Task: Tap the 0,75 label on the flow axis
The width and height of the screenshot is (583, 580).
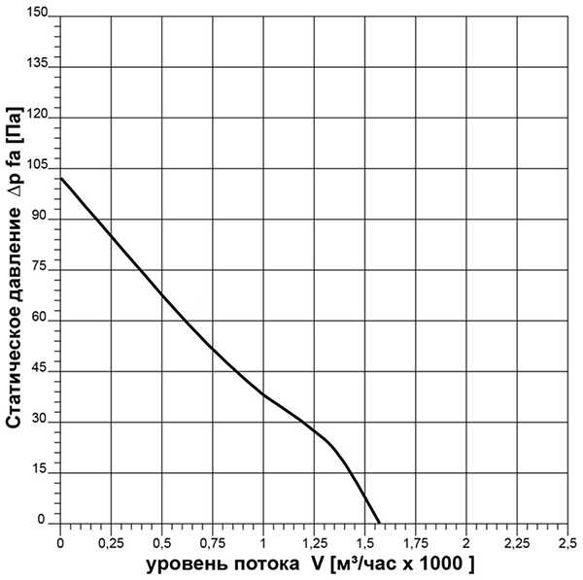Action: [x=212, y=541]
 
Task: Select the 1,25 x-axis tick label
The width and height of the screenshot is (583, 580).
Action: [x=314, y=541]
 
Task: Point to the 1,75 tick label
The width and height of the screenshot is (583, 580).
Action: [x=415, y=541]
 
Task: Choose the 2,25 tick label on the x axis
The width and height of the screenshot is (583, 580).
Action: [x=516, y=541]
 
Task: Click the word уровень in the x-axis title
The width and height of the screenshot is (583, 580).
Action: [x=187, y=564]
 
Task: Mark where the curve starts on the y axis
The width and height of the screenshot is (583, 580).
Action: [x=60, y=177]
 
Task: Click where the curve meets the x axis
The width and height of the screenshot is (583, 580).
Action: [x=379, y=523]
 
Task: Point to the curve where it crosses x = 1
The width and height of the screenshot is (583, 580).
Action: [x=262, y=393]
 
